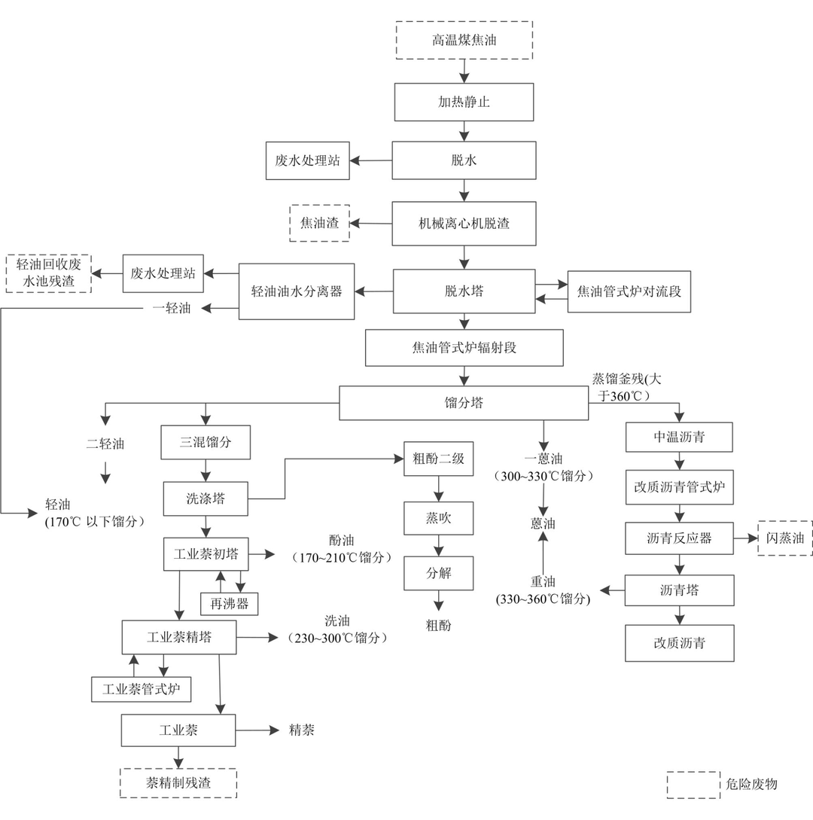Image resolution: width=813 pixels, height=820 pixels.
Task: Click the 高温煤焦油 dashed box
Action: tap(464, 40)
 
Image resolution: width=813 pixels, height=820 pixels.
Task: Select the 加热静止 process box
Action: tap(464, 102)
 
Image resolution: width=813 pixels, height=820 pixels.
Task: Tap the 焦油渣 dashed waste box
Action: tap(319, 223)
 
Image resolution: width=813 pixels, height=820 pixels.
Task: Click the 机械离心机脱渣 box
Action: tap(464, 224)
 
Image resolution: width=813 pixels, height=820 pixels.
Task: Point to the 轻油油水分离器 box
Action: tap(297, 291)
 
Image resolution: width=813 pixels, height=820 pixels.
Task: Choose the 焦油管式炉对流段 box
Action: tap(629, 291)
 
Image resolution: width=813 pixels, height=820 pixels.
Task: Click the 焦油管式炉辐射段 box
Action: tap(464, 348)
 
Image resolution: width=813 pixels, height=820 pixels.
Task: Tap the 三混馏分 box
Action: tap(206, 443)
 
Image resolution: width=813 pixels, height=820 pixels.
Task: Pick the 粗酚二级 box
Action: tap(438, 459)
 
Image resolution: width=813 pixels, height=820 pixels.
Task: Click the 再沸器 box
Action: tap(229, 603)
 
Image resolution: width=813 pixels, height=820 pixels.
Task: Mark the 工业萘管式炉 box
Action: tap(141, 688)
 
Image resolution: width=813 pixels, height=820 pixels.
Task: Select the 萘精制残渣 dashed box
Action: tap(178, 783)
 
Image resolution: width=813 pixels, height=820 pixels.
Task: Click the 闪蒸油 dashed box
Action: tap(785, 538)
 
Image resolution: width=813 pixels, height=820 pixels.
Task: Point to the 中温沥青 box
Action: tap(679, 437)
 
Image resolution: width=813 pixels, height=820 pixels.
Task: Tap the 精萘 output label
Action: tap(302, 730)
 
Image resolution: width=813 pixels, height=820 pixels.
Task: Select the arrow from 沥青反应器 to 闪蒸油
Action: tap(745, 538)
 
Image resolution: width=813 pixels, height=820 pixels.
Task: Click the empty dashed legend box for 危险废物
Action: tap(693, 784)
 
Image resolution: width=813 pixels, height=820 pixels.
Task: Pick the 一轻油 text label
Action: tap(172, 308)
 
